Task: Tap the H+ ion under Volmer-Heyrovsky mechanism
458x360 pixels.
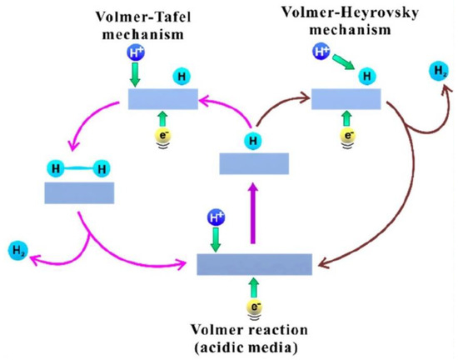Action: pyautogui.click(x=321, y=53)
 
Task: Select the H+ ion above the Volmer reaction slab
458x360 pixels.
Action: pyautogui.click(x=215, y=219)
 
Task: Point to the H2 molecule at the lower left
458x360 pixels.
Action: pyautogui.click(x=17, y=249)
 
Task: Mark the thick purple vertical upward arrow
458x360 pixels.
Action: pyautogui.click(x=247, y=216)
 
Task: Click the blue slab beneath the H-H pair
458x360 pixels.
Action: pyautogui.click(x=79, y=193)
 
